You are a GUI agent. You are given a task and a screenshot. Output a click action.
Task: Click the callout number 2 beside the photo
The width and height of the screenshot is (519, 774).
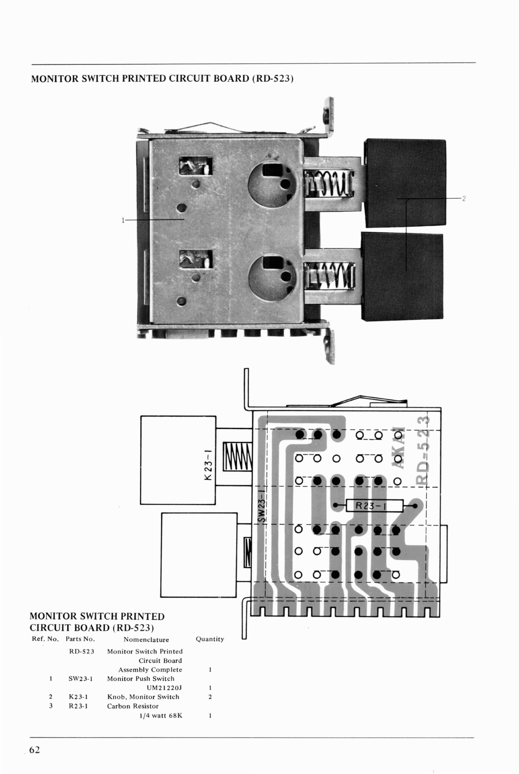click(x=463, y=199)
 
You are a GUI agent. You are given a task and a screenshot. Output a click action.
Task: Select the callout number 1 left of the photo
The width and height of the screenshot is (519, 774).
click(x=123, y=220)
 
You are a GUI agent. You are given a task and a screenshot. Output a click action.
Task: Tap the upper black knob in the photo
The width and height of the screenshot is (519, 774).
click(x=404, y=183)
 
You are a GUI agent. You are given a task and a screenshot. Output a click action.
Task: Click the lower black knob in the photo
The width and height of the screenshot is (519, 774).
click(x=402, y=276)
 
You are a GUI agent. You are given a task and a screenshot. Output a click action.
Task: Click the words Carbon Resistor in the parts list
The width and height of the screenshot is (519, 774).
click(x=132, y=706)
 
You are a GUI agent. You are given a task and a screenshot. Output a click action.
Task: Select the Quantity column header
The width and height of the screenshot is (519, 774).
click(x=210, y=639)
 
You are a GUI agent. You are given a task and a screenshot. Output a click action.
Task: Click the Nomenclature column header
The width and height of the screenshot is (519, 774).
click(x=146, y=639)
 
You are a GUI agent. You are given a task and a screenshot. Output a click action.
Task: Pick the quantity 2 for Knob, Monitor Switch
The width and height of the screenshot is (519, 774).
click(x=210, y=697)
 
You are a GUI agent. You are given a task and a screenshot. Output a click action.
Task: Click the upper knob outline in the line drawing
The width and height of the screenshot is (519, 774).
click(x=178, y=460)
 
